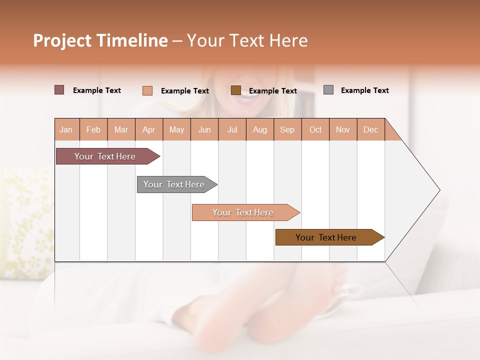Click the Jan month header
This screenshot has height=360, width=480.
pyautogui.click(x=66, y=129)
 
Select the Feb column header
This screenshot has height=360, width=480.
pyautogui.click(x=93, y=129)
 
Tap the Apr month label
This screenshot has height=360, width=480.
pyautogui.click(x=148, y=129)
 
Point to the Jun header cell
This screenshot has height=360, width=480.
pyautogui.click(x=204, y=129)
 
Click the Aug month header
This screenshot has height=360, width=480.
pyautogui.click(x=259, y=129)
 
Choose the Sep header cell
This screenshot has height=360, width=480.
pyautogui.click(x=287, y=129)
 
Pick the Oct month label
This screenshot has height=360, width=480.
pyautogui.click(x=315, y=129)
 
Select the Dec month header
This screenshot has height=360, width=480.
pyautogui.click(x=370, y=129)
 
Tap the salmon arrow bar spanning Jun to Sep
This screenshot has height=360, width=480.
pyautogui.click(x=243, y=212)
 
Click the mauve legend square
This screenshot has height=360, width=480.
pyautogui.click(x=59, y=90)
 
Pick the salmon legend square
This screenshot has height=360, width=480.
pyautogui.click(x=147, y=90)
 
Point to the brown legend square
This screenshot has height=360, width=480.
pyautogui.click(x=236, y=90)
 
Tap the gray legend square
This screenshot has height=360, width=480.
pyautogui.click(x=328, y=90)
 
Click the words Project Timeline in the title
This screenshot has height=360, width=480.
pyautogui.click(x=100, y=40)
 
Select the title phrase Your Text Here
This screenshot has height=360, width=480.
pyautogui.click(x=247, y=40)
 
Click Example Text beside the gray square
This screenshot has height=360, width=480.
pyautogui.click(x=364, y=90)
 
